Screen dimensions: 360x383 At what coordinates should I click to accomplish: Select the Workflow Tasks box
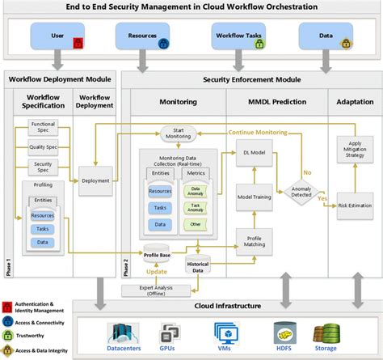pyautogui.click(x=238, y=37)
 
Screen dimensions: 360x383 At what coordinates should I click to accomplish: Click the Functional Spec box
pyautogui.click(x=42, y=126)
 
